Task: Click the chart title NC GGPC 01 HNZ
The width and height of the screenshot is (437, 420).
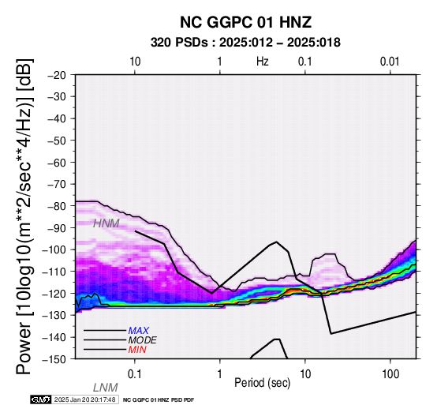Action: pyautogui.click(x=245, y=22)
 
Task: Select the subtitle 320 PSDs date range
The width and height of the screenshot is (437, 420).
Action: pyautogui.click(x=245, y=43)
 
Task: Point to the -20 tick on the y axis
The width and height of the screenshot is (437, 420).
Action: pyautogui.click(x=57, y=75)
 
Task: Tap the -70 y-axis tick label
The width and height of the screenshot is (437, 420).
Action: pyautogui.click(x=57, y=184)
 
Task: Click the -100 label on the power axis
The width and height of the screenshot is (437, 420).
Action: pyautogui.click(x=54, y=249)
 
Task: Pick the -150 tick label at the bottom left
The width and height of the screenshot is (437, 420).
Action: pyautogui.click(x=54, y=359)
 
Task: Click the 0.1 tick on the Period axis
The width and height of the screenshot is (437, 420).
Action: pyautogui.click(x=135, y=374)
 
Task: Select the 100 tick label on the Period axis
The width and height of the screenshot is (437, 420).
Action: pyautogui.click(x=390, y=374)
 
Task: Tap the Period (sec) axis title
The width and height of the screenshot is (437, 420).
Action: pyautogui.click(x=262, y=383)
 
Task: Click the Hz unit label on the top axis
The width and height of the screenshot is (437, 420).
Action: pyautogui.click(x=262, y=62)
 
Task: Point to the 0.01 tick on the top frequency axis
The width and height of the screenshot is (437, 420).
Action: pyautogui.click(x=390, y=62)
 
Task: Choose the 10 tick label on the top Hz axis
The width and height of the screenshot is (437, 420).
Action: pyautogui.click(x=135, y=62)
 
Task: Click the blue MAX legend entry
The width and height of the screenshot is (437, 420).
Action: pyautogui.click(x=139, y=331)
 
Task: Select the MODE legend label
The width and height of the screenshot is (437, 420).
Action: pyautogui.click(x=143, y=340)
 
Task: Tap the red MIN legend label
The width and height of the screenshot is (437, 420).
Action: pyautogui.click(x=137, y=350)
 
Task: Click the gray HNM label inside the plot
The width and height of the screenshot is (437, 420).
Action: pyautogui.click(x=106, y=223)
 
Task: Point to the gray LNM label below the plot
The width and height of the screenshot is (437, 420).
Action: pyautogui.click(x=106, y=388)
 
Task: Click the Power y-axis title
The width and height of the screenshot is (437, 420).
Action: pyautogui.click(x=24, y=216)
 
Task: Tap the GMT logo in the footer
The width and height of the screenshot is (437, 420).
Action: pyautogui.click(x=41, y=399)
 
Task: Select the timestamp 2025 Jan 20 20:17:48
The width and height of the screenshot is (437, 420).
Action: pyautogui.click(x=84, y=399)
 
